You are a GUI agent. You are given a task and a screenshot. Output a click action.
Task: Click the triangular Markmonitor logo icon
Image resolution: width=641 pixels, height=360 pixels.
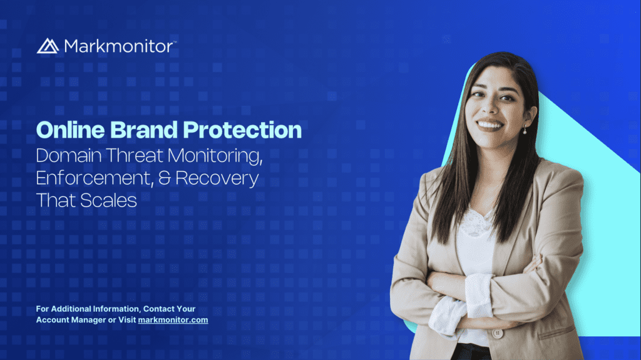48,46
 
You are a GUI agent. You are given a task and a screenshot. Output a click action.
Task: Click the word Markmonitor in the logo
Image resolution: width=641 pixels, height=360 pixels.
118,46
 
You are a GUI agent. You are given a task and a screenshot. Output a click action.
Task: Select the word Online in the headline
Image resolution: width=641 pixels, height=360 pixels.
71,130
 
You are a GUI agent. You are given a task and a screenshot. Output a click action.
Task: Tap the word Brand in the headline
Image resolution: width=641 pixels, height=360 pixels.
143,130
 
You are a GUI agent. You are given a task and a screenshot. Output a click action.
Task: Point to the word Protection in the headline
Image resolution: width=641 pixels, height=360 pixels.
242,130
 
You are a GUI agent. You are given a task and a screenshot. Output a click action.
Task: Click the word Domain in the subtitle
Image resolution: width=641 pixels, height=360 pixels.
69,156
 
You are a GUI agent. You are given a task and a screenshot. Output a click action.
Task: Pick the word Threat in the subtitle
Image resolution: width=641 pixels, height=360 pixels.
135,156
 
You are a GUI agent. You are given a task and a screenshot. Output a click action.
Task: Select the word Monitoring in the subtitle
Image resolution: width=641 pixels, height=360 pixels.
215,157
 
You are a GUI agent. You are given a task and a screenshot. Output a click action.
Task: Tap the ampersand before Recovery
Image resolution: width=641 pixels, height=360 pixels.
165,178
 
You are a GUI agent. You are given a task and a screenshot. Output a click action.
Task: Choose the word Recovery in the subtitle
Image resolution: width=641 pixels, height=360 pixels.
217,179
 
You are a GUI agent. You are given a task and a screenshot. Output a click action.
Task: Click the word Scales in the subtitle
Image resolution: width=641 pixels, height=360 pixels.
108,200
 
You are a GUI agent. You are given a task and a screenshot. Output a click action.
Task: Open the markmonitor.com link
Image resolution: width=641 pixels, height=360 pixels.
173,320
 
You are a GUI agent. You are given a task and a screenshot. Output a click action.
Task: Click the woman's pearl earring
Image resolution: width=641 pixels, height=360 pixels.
525,131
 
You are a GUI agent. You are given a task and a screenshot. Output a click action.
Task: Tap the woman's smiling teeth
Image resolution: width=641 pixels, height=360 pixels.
490,125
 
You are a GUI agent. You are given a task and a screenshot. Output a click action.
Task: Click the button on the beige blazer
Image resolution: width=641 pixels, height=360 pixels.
498,334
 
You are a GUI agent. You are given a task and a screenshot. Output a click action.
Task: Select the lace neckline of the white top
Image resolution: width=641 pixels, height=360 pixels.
476,223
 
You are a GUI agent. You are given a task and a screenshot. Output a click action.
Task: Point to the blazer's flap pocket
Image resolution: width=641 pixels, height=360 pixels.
556,332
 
